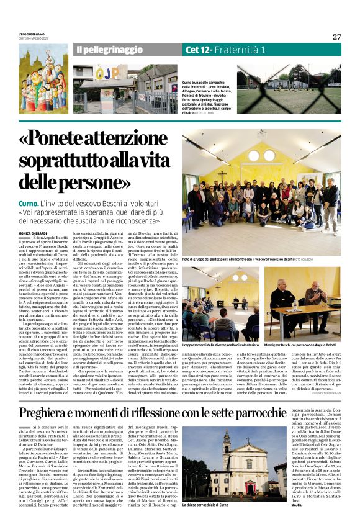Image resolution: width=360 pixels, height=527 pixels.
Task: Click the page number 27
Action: (x=336, y=37)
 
